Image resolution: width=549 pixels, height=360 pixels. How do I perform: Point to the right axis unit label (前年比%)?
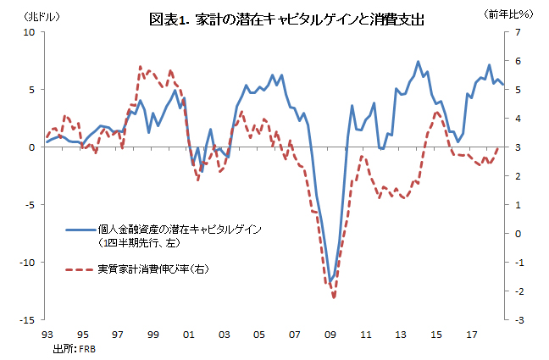(508, 15)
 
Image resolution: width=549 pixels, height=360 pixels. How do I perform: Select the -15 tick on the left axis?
(28, 320)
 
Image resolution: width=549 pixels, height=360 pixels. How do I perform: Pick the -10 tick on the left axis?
(28, 263)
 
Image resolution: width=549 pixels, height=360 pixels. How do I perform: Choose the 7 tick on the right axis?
(518, 32)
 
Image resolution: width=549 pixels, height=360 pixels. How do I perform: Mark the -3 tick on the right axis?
(518, 320)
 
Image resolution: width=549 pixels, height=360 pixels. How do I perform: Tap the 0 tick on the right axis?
(518, 234)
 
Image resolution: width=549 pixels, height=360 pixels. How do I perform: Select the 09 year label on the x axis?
(331, 334)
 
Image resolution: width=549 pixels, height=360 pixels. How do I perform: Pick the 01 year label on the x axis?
(188, 334)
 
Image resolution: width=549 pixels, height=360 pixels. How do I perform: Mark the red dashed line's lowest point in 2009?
(334, 297)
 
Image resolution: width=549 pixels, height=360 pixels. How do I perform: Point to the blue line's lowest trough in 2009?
(331, 281)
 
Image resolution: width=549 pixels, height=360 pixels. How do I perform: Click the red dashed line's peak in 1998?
(139, 67)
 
